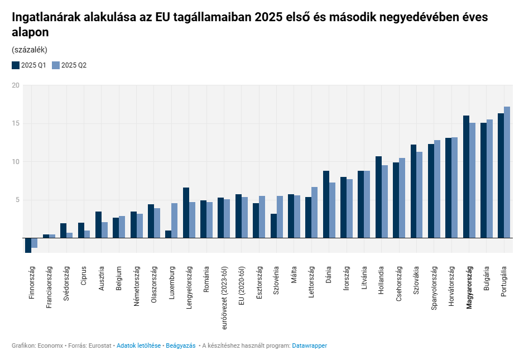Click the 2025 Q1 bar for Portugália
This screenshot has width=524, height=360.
(x=501, y=175)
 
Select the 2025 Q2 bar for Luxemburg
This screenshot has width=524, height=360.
(x=175, y=220)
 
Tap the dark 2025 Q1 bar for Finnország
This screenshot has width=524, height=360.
(x=28, y=245)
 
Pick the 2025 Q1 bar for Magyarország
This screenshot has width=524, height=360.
(x=466, y=176)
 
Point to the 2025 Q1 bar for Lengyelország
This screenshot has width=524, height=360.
(x=186, y=213)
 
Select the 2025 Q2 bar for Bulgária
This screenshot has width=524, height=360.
(x=489, y=179)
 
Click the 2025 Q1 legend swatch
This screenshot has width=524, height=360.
(x=16, y=65)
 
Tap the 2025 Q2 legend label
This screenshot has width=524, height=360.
(x=74, y=65)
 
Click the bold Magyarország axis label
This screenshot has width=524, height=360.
(x=469, y=287)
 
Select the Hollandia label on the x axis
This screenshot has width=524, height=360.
(x=382, y=281)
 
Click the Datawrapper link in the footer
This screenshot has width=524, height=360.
(x=309, y=345)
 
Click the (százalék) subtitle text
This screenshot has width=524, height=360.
(x=29, y=50)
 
